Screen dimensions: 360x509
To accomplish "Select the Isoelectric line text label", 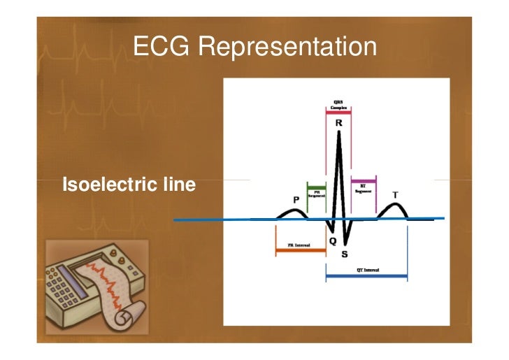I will (x=129, y=185).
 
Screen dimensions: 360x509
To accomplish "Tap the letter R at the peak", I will (x=339, y=122).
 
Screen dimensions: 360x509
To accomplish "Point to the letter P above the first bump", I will (x=296, y=200).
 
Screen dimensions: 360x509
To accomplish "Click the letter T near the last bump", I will (x=396, y=195).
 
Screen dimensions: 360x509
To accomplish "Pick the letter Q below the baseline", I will (x=333, y=242).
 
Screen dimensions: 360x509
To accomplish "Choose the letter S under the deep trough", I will (x=345, y=254).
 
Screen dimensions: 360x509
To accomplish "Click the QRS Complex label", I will (x=339, y=104).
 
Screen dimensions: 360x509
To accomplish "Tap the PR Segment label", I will (x=316, y=193).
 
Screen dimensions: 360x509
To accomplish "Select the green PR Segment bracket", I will (x=317, y=185).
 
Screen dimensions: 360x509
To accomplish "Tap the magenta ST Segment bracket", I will (x=364, y=180).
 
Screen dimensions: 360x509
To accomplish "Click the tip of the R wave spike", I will (x=339, y=133).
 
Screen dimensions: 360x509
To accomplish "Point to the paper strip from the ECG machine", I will (x=115, y=294).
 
